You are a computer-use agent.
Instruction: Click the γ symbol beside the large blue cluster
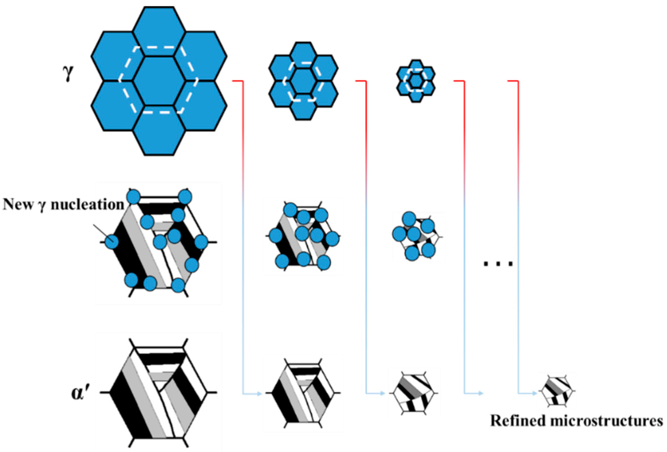[68, 73]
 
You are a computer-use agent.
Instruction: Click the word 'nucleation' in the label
[88, 205]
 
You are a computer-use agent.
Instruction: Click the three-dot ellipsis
[498, 264]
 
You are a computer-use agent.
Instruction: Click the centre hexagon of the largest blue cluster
[159, 81]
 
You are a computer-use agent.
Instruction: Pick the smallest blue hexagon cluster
[416, 81]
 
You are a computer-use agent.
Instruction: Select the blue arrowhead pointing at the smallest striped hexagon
[534, 393]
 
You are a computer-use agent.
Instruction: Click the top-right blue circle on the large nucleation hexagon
[185, 197]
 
